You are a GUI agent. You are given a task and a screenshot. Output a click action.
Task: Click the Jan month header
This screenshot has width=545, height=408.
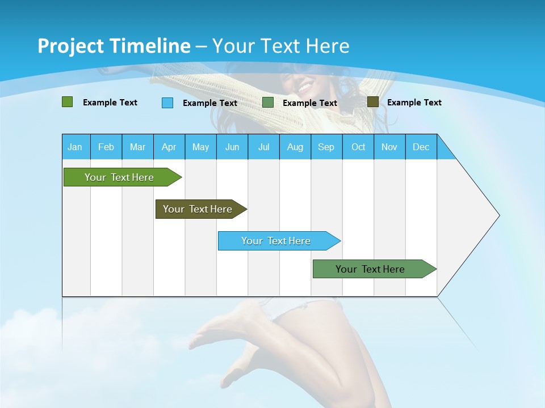pyautogui.click(x=75, y=147)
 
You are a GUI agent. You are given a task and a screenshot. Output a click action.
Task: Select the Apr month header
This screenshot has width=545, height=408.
pyautogui.click(x=169, y=147)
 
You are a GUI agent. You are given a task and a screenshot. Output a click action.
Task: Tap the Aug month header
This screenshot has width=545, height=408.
pyautogui.click(x=295, y=147)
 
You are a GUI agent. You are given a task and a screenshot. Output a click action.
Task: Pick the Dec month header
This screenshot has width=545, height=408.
pyautogui.click(x=421, y=147)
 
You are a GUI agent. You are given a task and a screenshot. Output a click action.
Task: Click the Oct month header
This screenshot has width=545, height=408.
pyautogui.click(x=358, y=147)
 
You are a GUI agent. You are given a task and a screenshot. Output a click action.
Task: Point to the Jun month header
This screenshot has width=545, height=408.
pyautogui.click(x=232, y=147)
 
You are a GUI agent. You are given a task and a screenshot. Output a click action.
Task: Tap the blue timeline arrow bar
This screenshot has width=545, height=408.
pyautogui.click(x=276, y=241)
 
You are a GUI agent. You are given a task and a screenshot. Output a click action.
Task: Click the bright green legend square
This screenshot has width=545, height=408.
pyautogui.click(x=67, y=102)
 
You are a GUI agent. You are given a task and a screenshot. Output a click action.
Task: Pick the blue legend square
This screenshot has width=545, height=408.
pyautogui.click(x=167, y=103)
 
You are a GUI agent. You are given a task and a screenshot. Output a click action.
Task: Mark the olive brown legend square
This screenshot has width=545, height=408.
pyautogui.click(x=372, y=102)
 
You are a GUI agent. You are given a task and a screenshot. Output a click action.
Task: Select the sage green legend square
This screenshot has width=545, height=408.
pyautogui.click(x=268, y=103)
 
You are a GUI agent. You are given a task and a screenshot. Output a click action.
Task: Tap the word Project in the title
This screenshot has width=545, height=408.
pyautogui.click(x=70, y=46)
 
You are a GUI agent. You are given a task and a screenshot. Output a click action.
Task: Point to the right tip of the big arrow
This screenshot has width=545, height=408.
pyautogui.click(x=498, y=215)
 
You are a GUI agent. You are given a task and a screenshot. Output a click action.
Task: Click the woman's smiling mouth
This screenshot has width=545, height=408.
pyautogui.click(x=305, y=88)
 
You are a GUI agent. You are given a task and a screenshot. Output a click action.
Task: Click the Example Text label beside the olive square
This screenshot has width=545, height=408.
pyautogui.click(x=414, y=103)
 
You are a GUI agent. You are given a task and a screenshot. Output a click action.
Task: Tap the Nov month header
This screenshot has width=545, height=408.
pyautogui.click(x=389, y=147)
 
